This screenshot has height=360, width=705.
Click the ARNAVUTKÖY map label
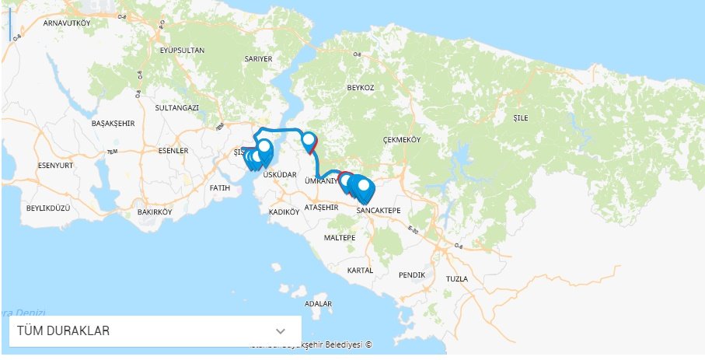pos(68,23)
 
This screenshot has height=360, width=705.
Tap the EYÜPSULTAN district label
pos(182,51)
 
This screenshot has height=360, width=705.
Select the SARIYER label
pos(259,58)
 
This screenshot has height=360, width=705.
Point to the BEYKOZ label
pos(361,88)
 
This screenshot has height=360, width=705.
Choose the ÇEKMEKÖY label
pos(402,140)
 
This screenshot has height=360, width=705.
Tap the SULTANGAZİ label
pos(177,107)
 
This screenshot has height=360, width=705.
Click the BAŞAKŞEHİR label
pos(113,124)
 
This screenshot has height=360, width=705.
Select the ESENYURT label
pos(55,166)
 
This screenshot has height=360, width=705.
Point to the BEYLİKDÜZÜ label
pos(48,208)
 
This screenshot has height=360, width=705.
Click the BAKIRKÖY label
pos(153,211)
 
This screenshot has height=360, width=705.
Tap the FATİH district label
pos(221,188)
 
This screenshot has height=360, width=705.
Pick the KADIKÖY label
pos(284,211)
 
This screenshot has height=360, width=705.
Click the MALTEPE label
pos(340,237)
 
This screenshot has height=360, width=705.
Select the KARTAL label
pos(361,270)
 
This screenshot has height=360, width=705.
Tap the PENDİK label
pos(411,275)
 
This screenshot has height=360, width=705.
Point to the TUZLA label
pos(458,278)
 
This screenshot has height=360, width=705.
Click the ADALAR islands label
pos(319,303)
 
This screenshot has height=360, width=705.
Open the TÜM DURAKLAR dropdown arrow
pos(281,331)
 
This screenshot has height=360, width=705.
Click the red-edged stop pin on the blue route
pos(310,142)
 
